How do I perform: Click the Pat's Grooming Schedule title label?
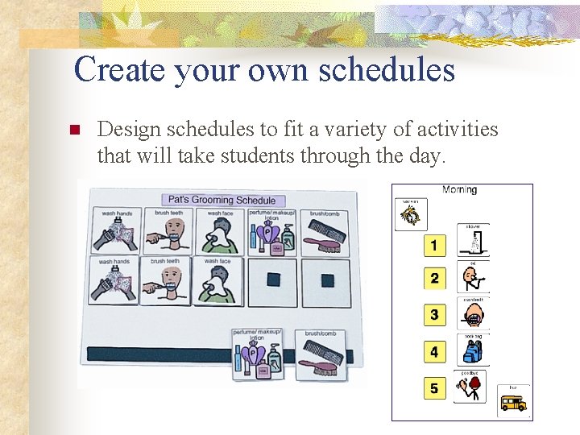(220, 200)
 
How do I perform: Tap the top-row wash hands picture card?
(116, 231)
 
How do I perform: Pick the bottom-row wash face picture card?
(219, 280)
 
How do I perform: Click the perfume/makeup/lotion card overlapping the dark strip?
(259, 353)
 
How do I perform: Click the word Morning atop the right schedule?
(459, 190)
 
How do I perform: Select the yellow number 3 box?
(434, 314)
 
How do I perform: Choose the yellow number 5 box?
(434, 389)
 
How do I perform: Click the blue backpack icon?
(472, 350)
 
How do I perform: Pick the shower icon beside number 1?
(473, 240)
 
